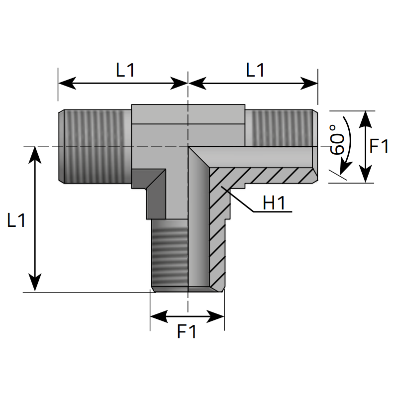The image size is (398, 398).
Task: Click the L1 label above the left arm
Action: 125,70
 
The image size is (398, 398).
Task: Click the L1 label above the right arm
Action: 255,70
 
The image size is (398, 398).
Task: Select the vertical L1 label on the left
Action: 16,220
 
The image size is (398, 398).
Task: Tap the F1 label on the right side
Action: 379,146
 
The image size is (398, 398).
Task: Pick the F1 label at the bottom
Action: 187,331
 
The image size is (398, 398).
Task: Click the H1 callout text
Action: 274,203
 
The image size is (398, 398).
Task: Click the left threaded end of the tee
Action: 95,146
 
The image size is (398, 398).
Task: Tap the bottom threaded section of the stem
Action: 170,255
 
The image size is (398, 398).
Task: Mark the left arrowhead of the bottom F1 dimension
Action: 159,316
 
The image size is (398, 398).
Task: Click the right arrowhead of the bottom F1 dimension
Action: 215,316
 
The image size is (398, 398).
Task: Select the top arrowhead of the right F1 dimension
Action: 365,119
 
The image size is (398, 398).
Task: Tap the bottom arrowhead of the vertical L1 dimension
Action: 35,283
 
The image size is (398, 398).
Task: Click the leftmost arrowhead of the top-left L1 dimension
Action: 67,83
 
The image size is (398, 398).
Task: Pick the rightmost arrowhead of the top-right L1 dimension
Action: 309,83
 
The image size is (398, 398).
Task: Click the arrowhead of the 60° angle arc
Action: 346,168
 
